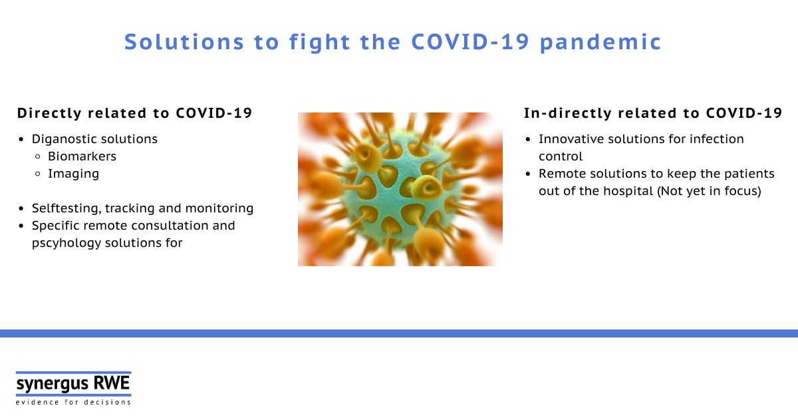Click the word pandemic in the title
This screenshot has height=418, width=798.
click(600, 43)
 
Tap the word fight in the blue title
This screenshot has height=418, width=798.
click(320, 42)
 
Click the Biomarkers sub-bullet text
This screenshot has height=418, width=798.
click(82, 156)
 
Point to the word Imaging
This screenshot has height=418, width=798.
click(73, 174)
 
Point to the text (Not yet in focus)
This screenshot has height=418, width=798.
click(709, 191)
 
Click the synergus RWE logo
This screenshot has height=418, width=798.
click(73, 384)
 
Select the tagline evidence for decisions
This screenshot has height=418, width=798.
click(73, 402)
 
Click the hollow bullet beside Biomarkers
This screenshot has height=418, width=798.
click(38, 156)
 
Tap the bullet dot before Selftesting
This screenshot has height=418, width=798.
click(21, 208)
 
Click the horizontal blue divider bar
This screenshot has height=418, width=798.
click(399, 333)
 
